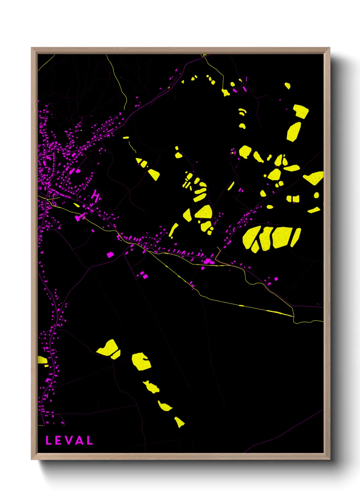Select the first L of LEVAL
click(48, 440)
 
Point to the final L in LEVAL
click(89, 440)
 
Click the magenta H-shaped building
click(96, 196)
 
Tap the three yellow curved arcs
click(242, 112)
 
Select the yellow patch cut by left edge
click(42, 360)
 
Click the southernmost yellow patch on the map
click(179, 422)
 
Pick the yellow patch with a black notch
click(141, 361)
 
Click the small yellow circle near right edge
click(316, 195)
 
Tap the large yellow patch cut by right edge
click(314, 178)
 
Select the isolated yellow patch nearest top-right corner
click(288, 85)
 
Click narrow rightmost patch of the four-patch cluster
click(295, 237)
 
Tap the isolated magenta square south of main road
click(110, 254)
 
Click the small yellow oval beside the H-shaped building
click(77, 205)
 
